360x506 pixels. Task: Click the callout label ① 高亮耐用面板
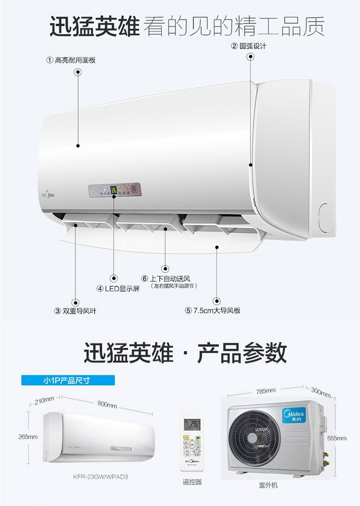tap(71, 60)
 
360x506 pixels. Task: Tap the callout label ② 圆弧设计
tap(249, 47)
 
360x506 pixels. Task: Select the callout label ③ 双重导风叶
tap(75, 311)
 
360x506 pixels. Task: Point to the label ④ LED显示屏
tap(118, 289)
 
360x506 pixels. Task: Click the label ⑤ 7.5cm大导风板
tap(213, 311)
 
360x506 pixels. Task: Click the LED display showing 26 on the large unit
tap(114, 190)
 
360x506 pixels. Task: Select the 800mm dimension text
tap(107, 404)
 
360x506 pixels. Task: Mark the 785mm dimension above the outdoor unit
tap(265, 391)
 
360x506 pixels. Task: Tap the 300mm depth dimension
tap(321, 392)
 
